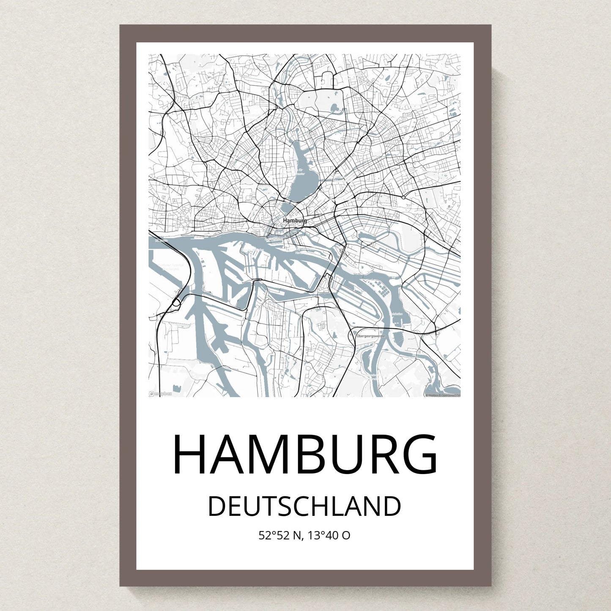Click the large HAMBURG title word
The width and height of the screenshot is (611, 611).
305,455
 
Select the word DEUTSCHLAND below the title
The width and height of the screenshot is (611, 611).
304,506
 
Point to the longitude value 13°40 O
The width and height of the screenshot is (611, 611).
329,535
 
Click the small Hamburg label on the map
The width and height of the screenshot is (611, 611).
295,220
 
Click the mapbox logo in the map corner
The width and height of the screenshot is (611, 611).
161,393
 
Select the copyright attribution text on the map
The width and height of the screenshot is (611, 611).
443,395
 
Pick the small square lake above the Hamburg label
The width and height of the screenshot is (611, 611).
288,208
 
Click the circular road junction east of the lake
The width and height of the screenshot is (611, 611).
403,197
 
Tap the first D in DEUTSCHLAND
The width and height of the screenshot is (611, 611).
217,506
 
